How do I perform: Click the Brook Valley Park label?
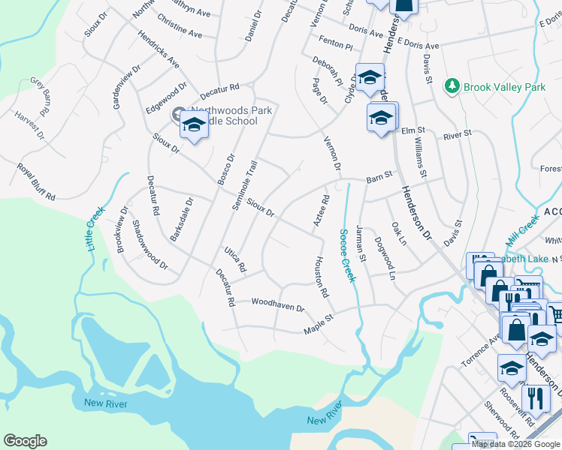tap(504, 88)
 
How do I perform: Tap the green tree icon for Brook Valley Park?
tap(452, 87)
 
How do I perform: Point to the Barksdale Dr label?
tap(182, 219)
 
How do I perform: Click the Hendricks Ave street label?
tap(158, 48)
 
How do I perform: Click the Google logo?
tap(25, 441)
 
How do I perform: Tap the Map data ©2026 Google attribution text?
tap(515, 444)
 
